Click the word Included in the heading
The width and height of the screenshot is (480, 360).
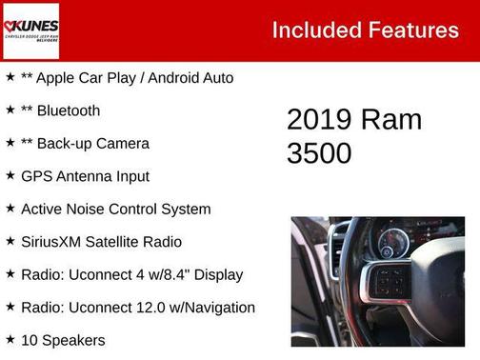[311, 30]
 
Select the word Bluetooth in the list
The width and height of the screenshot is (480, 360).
[69, 110]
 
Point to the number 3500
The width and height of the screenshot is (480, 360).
[319, 152]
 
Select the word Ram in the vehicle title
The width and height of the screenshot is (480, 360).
[391, 119]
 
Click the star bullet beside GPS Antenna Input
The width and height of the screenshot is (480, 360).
[10, 175]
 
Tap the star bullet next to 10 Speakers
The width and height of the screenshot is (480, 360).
[10, 339]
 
